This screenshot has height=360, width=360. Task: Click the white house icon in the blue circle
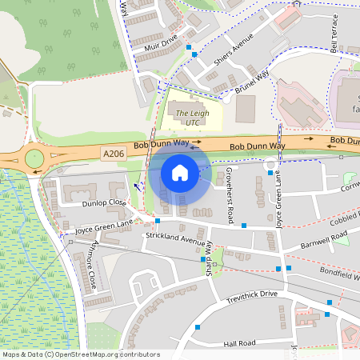[x=180, y=172]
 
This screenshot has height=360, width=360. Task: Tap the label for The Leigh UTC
[x=191, y=118]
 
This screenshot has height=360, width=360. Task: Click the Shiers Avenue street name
[x=234, y=50]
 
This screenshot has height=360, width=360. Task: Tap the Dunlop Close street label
[x=103, y=203]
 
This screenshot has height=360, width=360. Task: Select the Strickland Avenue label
[x=177, y=238]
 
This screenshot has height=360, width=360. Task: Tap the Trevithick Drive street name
[x=251, y=295]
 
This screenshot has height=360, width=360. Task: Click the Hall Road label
[x=239, y=343]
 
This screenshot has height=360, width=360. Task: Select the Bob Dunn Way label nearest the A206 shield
[x=162, y=145]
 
